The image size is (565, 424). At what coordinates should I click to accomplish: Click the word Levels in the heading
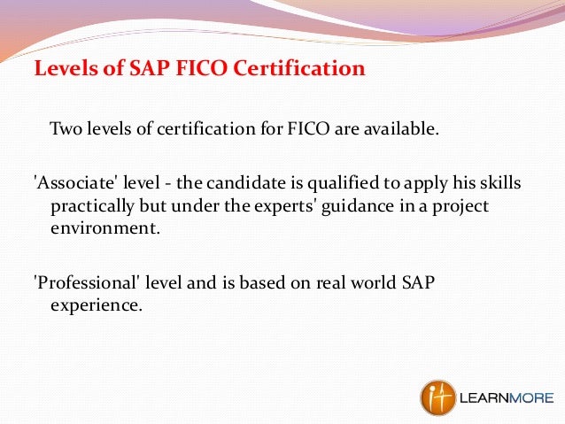tap(62, 69)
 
